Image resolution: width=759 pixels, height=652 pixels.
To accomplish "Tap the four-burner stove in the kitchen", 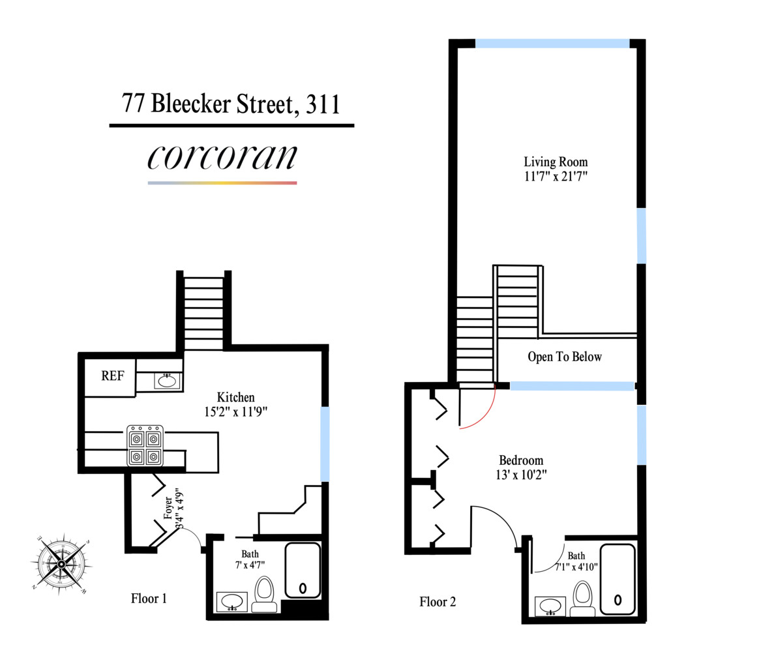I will (145, 447).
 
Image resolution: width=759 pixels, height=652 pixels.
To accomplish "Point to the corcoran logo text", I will (222, 156).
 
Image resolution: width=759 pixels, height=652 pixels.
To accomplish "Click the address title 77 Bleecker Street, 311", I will (231, 104).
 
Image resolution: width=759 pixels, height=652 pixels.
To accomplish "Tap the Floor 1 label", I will (149, 598).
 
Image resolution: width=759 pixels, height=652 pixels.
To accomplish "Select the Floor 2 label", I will (438, 601).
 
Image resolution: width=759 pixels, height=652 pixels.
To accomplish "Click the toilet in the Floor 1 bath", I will (265, 595).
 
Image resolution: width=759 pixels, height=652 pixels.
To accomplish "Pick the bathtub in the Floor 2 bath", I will (617, 578).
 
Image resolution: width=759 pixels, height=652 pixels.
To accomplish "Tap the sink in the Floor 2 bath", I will (552, 606).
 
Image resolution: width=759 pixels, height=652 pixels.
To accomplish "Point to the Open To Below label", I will (565, 357).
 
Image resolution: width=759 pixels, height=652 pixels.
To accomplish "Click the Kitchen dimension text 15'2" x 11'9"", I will (235, 411).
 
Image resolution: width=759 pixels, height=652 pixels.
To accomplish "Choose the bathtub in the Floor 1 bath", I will (303, 570).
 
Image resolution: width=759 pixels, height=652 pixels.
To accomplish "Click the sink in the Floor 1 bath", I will (232, 602).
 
